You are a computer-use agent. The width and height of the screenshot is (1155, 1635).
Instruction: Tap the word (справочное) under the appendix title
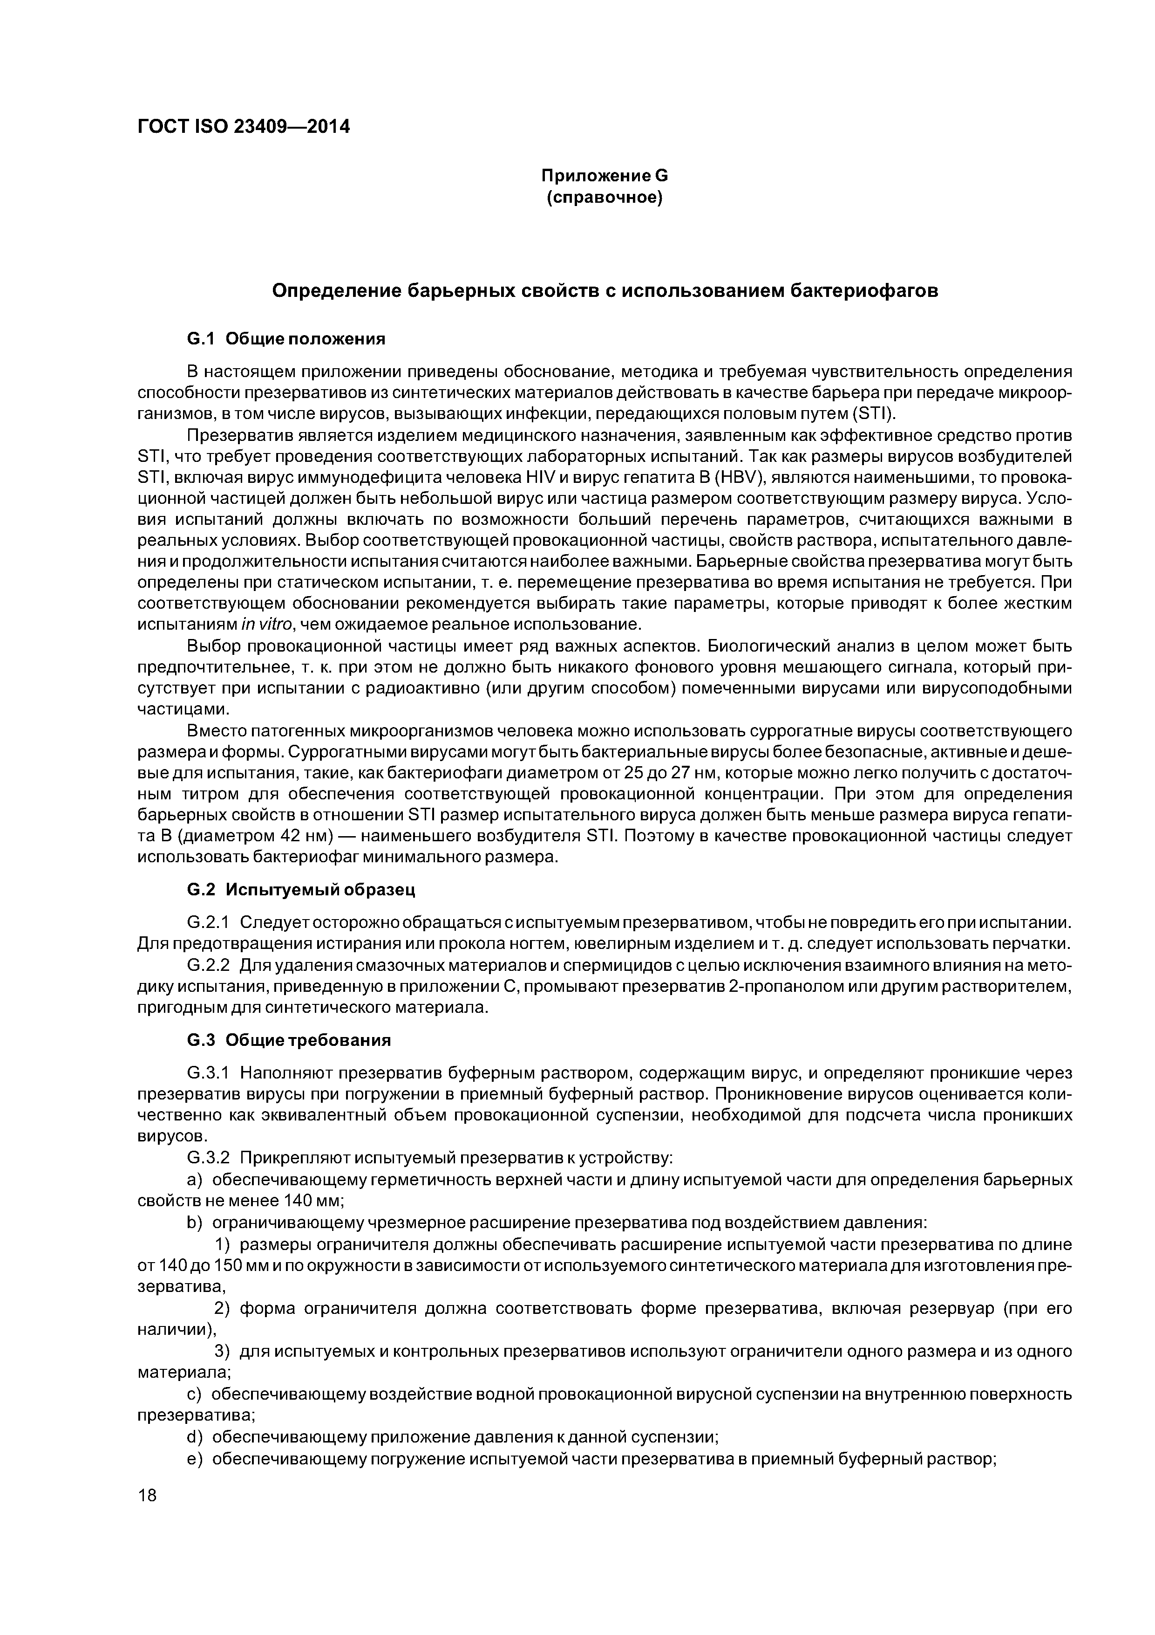(604, 197)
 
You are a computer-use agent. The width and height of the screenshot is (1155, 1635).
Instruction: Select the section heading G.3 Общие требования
(289, 1040)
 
